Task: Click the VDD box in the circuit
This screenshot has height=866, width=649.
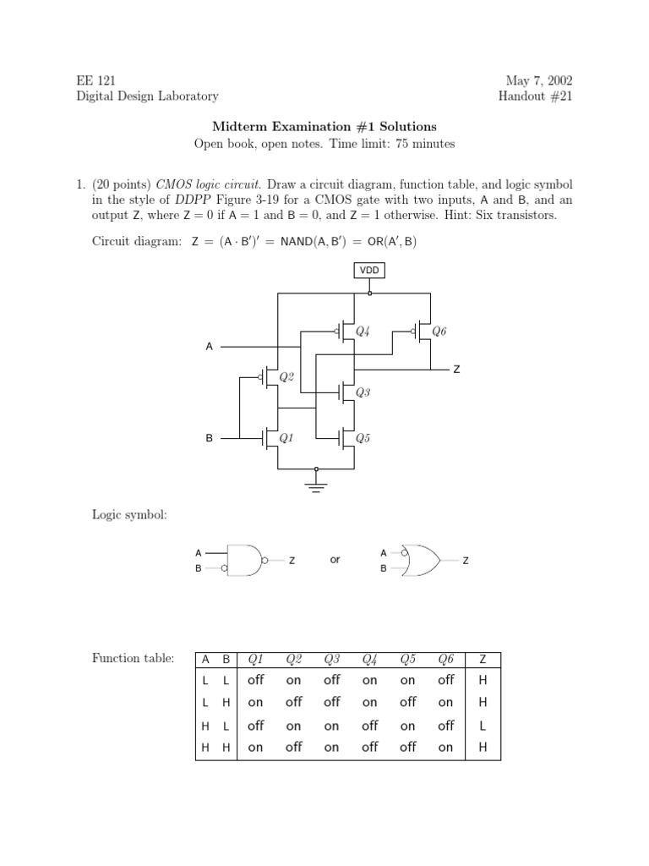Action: tap(369, 270)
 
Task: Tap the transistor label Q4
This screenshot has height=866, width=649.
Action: tap(363, 332)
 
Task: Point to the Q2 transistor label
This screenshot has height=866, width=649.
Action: tap(286, 377)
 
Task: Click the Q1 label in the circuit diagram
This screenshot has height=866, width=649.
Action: tap(286, 438)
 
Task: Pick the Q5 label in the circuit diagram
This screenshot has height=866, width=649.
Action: tap(363, 438)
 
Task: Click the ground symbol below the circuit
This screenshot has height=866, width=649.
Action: tap(316, 485)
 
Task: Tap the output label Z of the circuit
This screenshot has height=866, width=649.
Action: tap(457, 370)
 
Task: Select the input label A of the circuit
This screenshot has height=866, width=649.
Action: tap(210, 347)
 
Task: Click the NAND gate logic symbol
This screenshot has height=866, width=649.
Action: tap(248, 560)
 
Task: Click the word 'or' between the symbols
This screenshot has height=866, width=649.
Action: tap(335, 560)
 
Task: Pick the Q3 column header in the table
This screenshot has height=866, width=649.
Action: tap(331, 659)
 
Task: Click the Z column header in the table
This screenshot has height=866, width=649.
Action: tap(483, 659)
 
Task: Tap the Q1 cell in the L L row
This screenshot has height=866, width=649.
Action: tap(255, 680)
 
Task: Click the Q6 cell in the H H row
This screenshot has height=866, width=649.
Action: tap(445, 748)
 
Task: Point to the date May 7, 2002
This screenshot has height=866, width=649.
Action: tap(539, 81)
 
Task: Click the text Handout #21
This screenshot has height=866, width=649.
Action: tap(536, 96)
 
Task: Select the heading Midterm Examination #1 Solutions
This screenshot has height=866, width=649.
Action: tap(324, 126)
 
